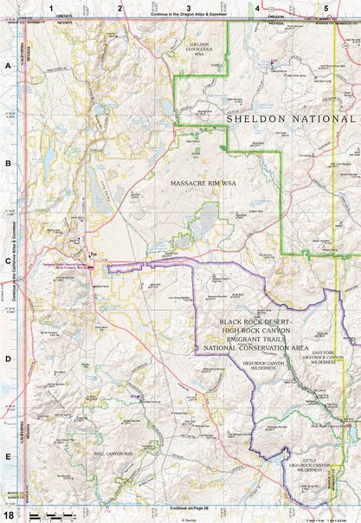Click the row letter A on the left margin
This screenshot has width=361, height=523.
8,66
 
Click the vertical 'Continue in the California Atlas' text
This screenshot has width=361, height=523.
16,260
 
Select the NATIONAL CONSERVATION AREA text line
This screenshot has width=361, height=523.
256,347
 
